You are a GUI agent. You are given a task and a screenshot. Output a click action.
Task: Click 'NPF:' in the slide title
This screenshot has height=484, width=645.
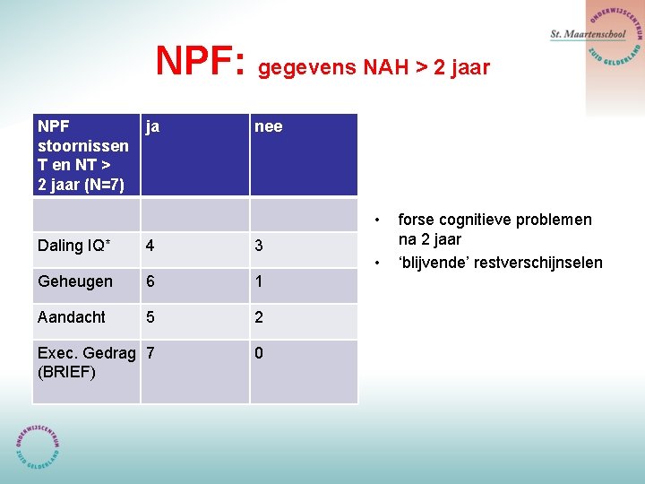[x=201, y=61]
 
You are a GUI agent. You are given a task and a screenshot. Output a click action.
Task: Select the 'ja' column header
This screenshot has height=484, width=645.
[x=153, y=126]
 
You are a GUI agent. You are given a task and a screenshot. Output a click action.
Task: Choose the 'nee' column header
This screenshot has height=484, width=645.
[x=268, y=126]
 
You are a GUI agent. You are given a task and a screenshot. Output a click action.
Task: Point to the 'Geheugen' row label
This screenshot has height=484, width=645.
[x=75, y=281]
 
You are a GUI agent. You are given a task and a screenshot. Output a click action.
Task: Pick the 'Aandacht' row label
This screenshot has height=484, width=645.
[x=72, y=317]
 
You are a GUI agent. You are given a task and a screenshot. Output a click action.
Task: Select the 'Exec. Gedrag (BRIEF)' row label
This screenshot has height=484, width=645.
[x=87, y=362]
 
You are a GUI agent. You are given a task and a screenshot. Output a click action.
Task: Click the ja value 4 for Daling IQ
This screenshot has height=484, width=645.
[x=150, y=246]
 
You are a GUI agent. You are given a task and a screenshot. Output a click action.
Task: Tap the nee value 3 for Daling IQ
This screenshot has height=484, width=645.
[x=259, y=246]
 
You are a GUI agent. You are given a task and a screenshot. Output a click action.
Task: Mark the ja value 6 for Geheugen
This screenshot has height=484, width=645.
[x=150, y=281]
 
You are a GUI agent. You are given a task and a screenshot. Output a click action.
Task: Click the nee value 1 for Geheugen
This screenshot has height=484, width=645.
[x=259, y=281]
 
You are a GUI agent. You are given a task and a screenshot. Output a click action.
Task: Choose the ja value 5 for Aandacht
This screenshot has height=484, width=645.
[x=150, y=317]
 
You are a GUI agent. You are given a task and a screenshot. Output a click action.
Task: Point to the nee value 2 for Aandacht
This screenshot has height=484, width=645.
[x=259, y=317]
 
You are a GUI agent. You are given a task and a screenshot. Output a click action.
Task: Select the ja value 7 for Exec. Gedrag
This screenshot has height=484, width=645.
[x=150, y=353]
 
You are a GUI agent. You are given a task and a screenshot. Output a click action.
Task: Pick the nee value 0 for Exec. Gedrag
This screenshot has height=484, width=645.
[x=259, y=353]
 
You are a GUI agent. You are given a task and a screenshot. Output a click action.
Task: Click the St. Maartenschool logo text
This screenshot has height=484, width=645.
[x=588, y=34]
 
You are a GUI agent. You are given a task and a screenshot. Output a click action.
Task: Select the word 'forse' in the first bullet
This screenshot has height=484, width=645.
[x=416, y=220]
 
